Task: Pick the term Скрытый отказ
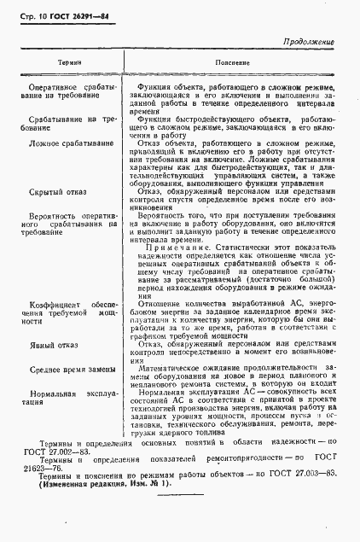[x=57, y=192]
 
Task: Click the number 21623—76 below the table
[x=39, y=495]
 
